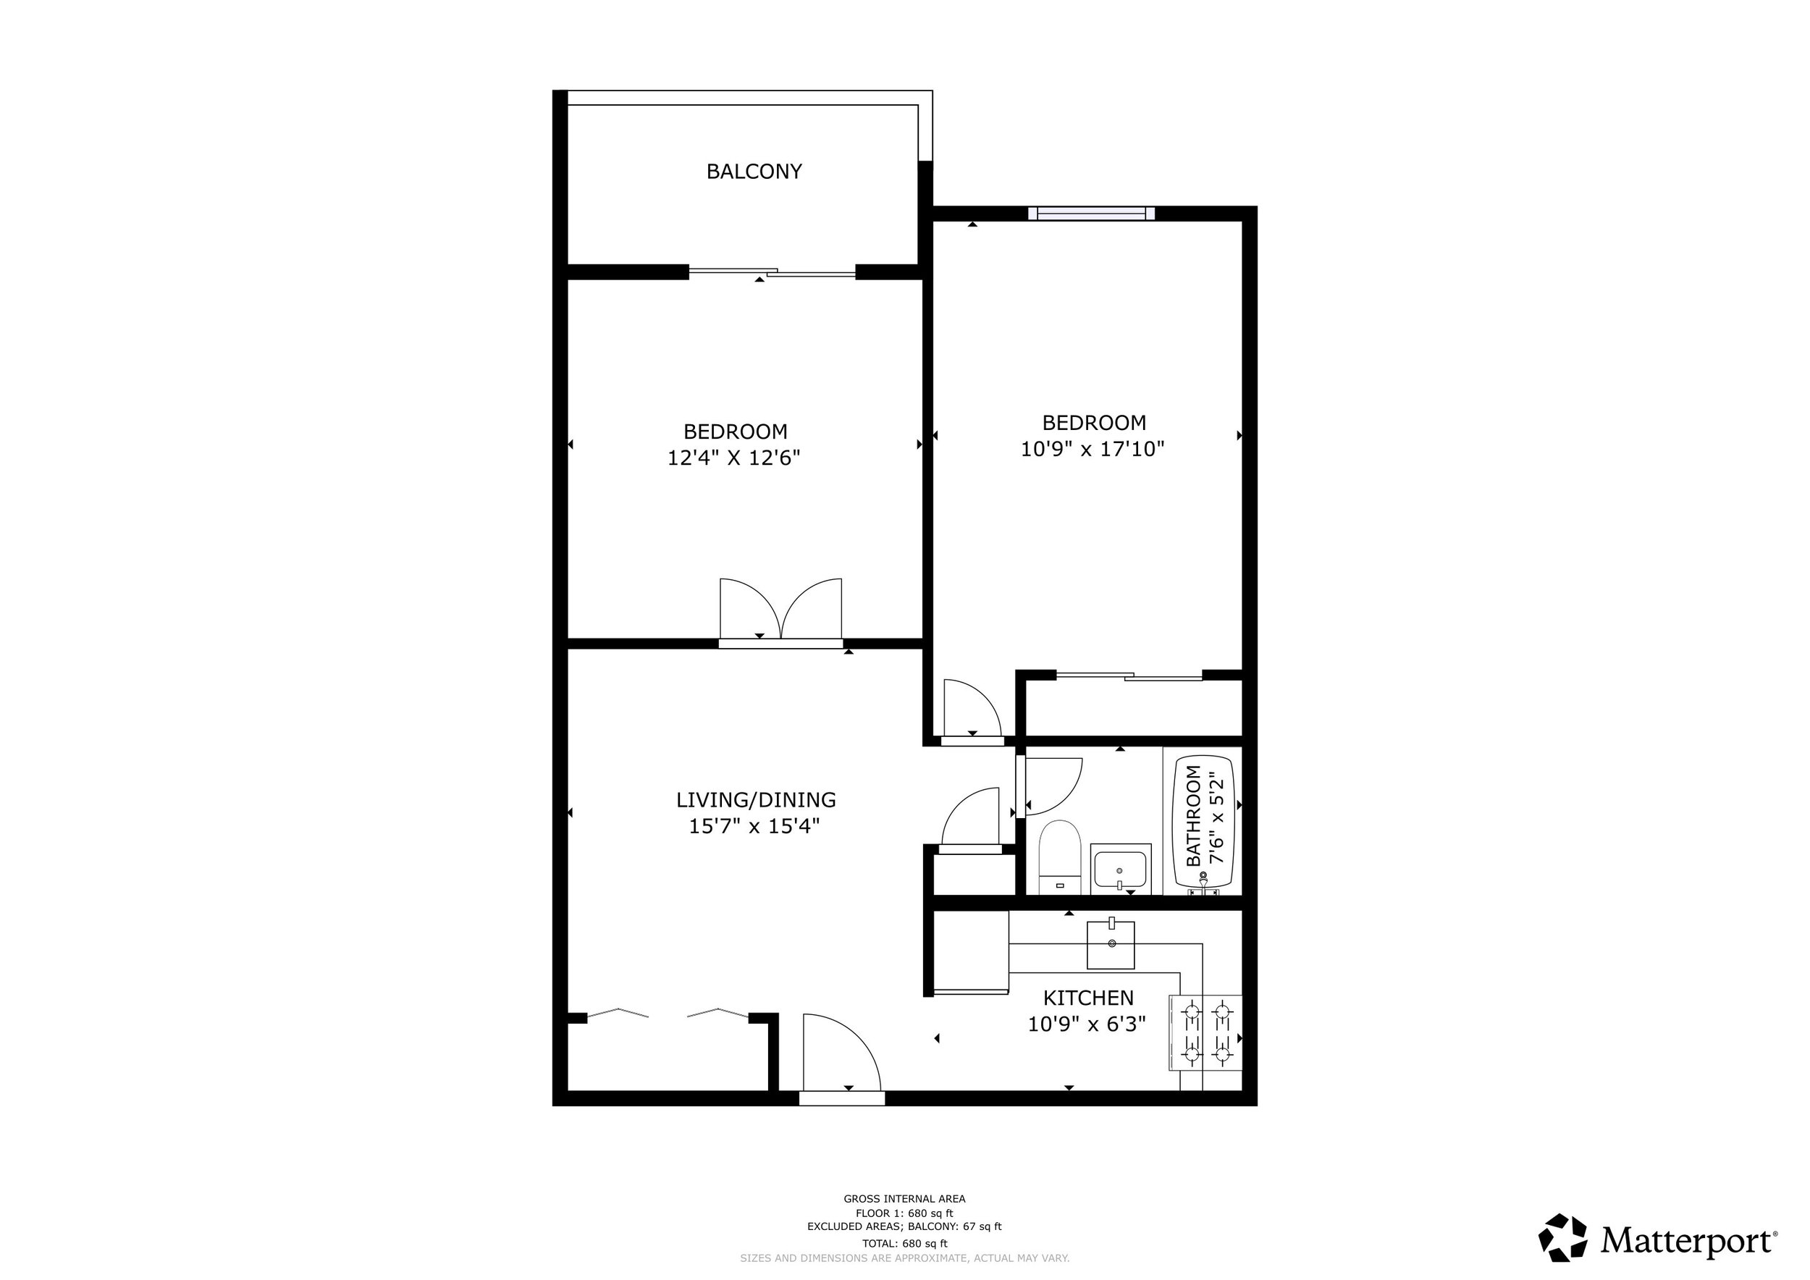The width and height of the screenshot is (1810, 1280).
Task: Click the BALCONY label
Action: (x=754, y=171)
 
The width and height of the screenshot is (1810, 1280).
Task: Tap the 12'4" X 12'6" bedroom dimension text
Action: (x=734, y=458)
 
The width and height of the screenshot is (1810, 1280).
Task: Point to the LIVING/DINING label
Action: (x=756, y=800)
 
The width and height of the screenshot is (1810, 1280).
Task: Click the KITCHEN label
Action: (x=1088, y=998)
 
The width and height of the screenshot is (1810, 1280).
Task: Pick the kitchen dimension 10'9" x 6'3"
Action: (x=1086, y=1024)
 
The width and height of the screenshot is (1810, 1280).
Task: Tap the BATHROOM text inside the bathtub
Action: (x=1194, y=817)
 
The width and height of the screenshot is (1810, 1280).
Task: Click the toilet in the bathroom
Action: (x=1058, y=857)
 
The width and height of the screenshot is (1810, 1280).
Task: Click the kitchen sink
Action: (x=1111, y=944)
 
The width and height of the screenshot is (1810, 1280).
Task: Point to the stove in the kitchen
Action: (x=1205, y=1032)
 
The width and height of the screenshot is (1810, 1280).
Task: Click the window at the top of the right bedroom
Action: (x=1092, y=213)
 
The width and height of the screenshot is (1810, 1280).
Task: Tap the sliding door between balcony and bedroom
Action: (x=772, y=273)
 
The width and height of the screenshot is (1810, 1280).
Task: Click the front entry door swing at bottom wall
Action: (x=841, y=1056)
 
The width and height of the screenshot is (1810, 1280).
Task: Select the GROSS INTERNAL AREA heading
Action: (x=904, y=1199)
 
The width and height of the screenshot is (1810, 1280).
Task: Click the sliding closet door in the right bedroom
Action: (x=1129, y=675)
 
